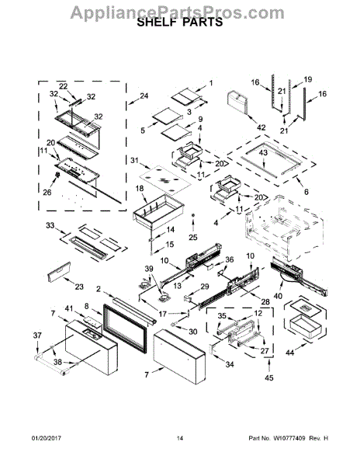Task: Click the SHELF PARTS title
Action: click(179, 23)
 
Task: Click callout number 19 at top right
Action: click(306, 80)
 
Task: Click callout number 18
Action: click(140, 189)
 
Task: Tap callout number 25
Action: click(193, 236)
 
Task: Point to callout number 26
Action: click(47, 193)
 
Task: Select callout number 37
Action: click(36, 336)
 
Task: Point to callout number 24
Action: click(144, 96)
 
